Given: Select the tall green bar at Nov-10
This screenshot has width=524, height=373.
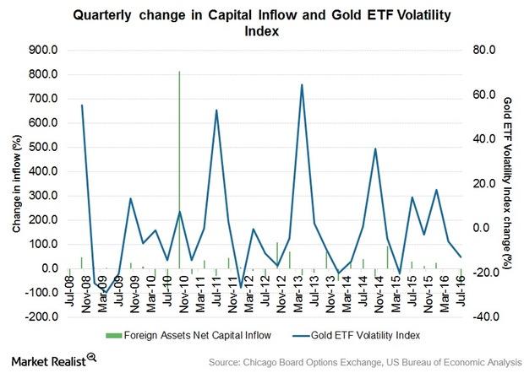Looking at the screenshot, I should point(179,169).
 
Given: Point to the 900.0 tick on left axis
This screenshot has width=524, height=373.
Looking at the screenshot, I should point(42,50).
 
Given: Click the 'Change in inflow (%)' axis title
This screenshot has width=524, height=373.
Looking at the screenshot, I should point(16,183).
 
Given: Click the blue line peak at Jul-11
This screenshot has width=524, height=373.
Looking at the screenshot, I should point(216,110).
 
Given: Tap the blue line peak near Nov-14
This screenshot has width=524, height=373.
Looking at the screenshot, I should point(375,149).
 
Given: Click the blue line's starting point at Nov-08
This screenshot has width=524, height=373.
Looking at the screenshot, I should point(82,105).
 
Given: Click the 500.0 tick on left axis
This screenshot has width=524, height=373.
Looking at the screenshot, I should point(42,148).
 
